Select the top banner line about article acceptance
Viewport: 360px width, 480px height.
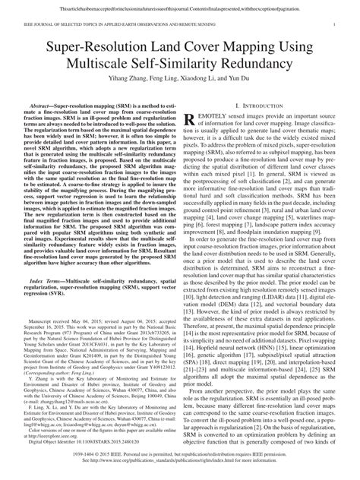pyautogui.click(x=180, y=5)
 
